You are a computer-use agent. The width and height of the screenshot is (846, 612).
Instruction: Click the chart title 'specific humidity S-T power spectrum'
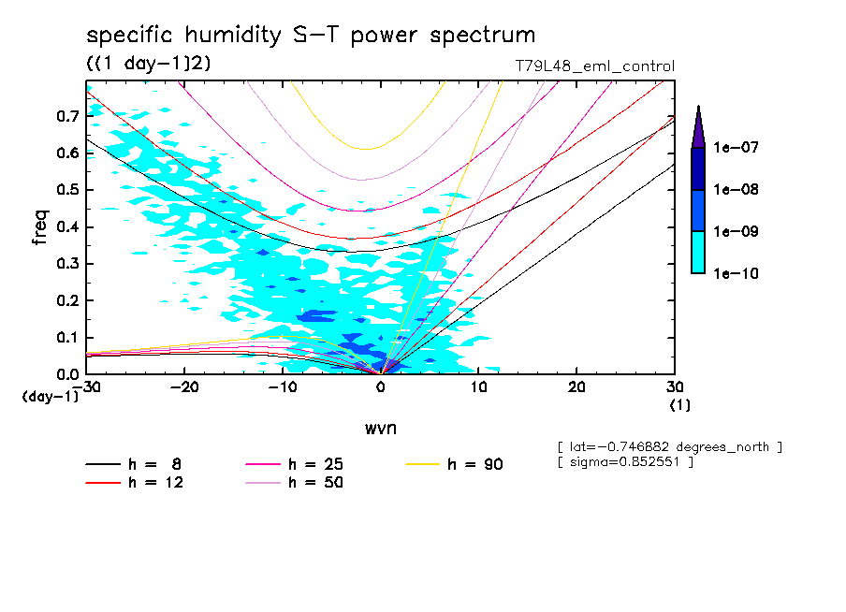pyautogui.click(x=311, y=36)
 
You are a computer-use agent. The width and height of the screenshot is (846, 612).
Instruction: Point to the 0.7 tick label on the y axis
pyautogui.click(x=66, y=116)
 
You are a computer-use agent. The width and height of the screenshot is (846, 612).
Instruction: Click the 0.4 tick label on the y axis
pyautogui.click(x=66, y=226)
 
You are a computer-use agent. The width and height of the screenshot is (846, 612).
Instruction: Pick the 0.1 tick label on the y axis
pyautogui.click(x=66, y=337)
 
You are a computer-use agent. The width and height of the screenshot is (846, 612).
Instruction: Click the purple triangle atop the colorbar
pyautogui.click(x=697, y=126)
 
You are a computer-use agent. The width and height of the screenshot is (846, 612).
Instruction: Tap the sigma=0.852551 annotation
pyautogui.click(x=624, y=463)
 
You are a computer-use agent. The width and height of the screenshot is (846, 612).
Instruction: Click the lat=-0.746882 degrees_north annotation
pyautogui.click(x=668, y=447)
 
